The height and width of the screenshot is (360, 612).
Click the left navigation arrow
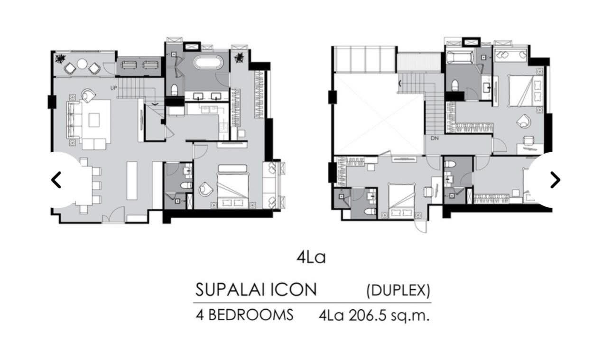[x=56, y=180]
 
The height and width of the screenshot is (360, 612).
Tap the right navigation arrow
[x=555, y=180]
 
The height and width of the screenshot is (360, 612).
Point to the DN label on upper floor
[x=434, y=139]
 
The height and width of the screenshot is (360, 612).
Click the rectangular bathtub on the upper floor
[x=459, y=59]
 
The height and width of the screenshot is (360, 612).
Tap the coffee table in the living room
[x=94, y=119]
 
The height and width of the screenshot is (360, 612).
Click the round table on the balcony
[x=82, y=64]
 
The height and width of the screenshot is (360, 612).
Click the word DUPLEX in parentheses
[x=399, y=290]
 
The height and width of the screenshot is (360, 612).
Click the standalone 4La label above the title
[x=311, y=258]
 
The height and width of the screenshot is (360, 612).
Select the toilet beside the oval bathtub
[x=174, y=89]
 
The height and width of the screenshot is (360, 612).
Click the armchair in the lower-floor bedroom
[x=206, y=189]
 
